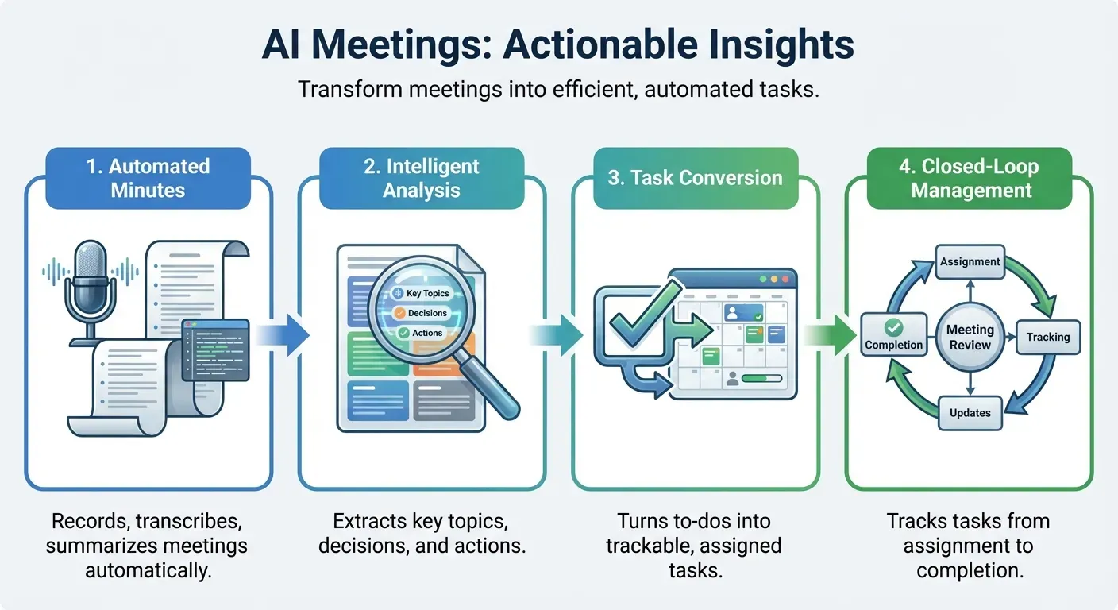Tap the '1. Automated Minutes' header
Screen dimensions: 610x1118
click(148, 178)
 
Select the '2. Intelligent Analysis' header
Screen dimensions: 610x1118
click(422, 178)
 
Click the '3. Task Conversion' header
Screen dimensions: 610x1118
click(695, 178)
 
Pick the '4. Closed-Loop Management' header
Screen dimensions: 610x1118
click(970, 178)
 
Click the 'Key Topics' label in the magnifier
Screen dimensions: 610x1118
click(427, 293)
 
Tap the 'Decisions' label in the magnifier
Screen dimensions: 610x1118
click(427, 313)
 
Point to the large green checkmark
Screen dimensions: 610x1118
click(631, 321)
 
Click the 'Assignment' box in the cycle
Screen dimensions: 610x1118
click(970, 261)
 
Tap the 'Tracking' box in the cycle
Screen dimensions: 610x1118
click(1047, 337)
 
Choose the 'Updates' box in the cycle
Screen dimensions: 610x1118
click(970, 413)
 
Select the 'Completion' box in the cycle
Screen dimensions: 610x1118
click(894, 336)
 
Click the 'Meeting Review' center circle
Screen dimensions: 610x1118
click(970, 337)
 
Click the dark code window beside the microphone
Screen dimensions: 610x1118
click(215, 349)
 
